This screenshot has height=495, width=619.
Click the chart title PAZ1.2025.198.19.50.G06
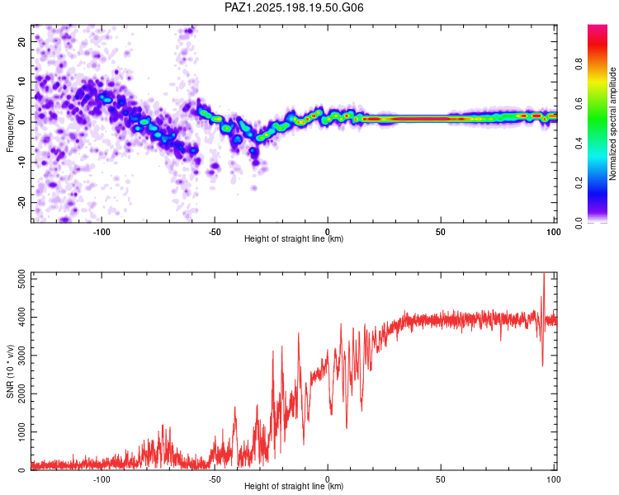pos(294,7)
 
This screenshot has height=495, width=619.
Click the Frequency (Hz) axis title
pos(10,124)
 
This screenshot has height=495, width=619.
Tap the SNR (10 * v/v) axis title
pos(10,371)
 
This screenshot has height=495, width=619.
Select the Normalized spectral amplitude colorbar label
pos(612,124)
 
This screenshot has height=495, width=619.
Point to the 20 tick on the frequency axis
pos(21,41)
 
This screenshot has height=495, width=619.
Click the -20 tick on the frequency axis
pos(21,202)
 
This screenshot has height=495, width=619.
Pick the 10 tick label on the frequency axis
pos(21,82)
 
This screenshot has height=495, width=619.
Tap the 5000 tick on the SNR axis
pos(21,279)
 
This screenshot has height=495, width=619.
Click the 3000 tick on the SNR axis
pos(21,356)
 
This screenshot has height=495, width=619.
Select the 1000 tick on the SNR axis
pos(21,432)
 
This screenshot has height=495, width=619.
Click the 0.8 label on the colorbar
pos(579,64)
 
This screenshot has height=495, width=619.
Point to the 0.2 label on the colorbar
pos(579,183)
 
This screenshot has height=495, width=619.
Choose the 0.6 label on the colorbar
pos(579,103)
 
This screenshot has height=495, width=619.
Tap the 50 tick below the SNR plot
pos(441,479)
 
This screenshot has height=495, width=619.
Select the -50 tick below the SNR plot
pos(215,479)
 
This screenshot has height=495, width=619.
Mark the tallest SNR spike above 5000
pos(544,274)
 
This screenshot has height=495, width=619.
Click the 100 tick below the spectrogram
pos(553,232)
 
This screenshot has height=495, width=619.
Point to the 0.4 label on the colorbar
pos(579,144)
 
